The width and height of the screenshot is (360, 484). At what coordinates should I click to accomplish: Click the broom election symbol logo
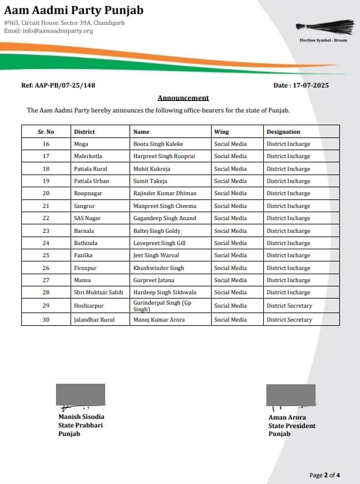click(325, 27)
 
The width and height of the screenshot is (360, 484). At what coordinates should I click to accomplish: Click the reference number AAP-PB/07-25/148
click(58, 86)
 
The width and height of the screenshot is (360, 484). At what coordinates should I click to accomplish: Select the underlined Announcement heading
click(183, 98)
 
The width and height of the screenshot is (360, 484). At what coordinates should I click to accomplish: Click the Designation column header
click(283, 132)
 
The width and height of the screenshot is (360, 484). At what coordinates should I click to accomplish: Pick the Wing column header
click(221, 132)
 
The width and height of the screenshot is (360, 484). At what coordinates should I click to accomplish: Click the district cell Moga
click(81, 144)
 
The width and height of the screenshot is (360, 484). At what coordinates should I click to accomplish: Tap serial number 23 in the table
click(46, 231)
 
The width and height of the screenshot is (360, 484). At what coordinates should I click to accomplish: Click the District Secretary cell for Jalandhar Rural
click(289, 320)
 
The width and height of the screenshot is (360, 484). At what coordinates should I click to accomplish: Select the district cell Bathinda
click(85, 243)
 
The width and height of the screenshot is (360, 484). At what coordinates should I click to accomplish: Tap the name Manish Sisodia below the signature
click(81, 417)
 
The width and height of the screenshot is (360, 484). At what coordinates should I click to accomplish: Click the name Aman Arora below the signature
click(287, 418)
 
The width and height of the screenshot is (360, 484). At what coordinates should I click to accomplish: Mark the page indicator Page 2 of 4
click(333, 475)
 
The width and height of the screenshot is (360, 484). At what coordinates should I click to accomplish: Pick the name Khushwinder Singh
click(158, 268)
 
